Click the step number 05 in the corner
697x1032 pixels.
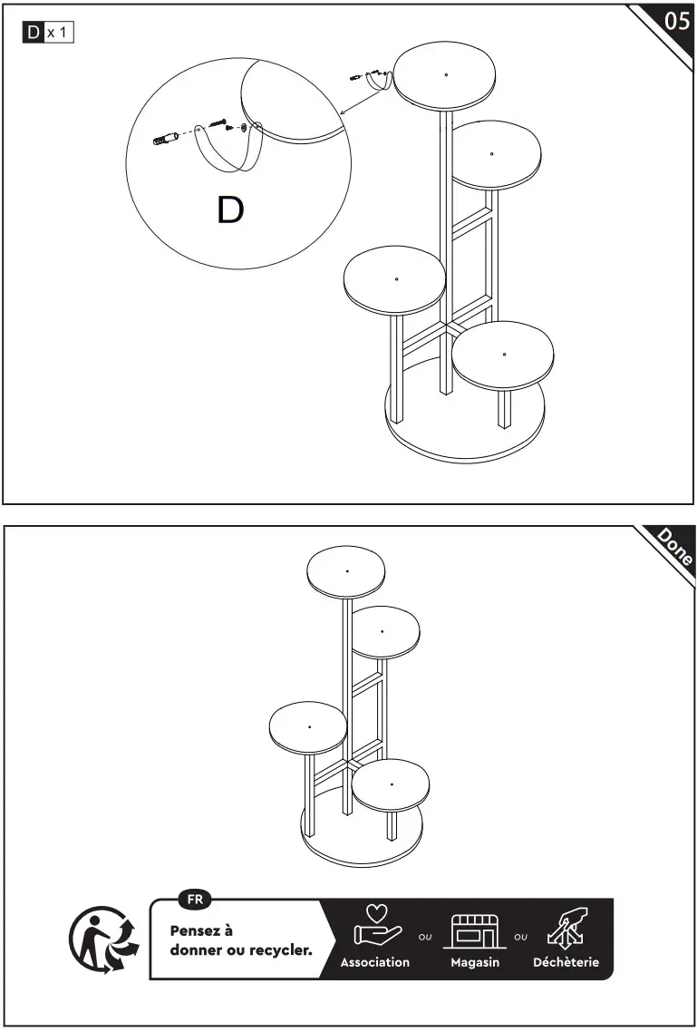tap(677, 21)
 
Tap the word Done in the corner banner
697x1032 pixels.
tap(675, 547)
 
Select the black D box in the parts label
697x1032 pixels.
tap(34, 34)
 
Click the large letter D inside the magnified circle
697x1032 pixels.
tap(230, 210)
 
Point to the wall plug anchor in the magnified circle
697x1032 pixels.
tap(164, 141)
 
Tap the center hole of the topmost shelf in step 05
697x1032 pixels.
tap(446, 73)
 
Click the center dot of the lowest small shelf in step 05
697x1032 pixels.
tap(504, 354)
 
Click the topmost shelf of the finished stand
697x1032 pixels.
tap(347, 572)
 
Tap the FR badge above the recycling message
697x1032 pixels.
tap(195, 900)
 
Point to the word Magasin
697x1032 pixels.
tap(475, 962)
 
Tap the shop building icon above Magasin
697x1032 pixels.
tap(475, 932)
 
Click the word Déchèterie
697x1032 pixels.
tap(566, 962)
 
